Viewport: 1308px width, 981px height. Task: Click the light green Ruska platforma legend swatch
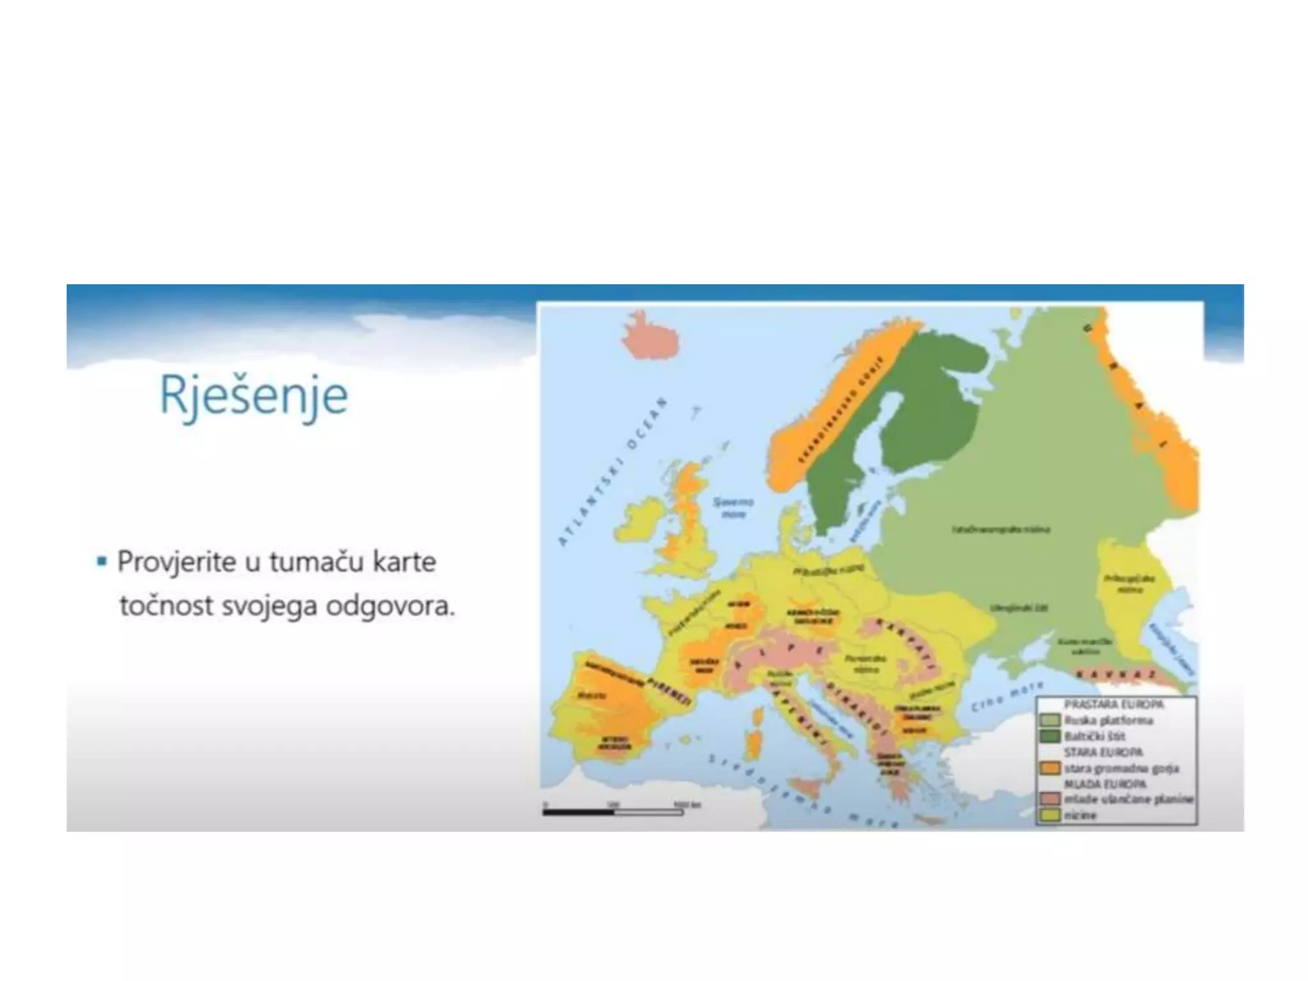click(x=1049, y=720)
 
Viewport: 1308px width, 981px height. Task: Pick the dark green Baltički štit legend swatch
click(x=1049, y=736)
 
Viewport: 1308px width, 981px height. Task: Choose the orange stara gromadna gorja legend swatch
click(x=1049, y=768)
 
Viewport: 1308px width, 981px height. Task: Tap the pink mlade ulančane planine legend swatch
click(x=1049, y=800)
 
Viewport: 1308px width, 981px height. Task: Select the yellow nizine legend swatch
click(x=1049, y=816)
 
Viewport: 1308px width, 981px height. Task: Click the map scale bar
click(x=613, y=812)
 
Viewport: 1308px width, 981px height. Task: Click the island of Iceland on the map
click(x=650, y=337)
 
